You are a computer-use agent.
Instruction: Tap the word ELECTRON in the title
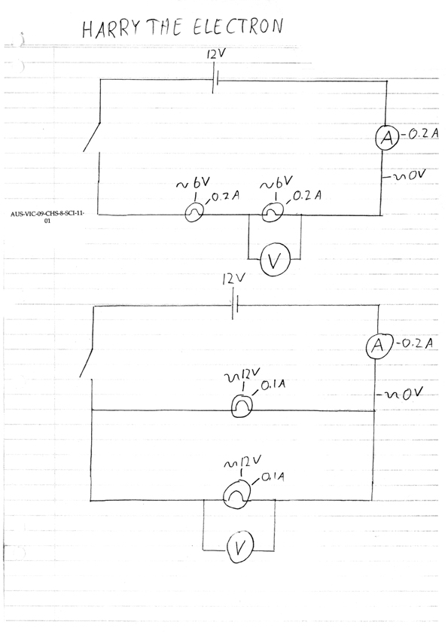pos(238,26)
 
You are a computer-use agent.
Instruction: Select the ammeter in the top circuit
pos(387,138)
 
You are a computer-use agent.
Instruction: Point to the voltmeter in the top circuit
pos(275,262)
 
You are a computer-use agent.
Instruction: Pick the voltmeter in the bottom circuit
pos(239,547)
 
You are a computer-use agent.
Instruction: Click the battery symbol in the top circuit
pos(215,81)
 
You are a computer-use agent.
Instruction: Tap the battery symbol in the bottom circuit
pos(235,306)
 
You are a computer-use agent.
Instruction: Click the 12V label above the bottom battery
pos(233,279)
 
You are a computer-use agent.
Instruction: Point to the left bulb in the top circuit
pos(194,212)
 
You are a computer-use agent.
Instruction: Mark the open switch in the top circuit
pos(92,137)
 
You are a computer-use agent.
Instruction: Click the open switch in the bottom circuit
pos(87,362)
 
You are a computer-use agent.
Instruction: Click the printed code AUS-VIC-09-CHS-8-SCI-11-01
pos(47,216)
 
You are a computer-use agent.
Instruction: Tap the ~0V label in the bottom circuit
pos(400,393)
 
